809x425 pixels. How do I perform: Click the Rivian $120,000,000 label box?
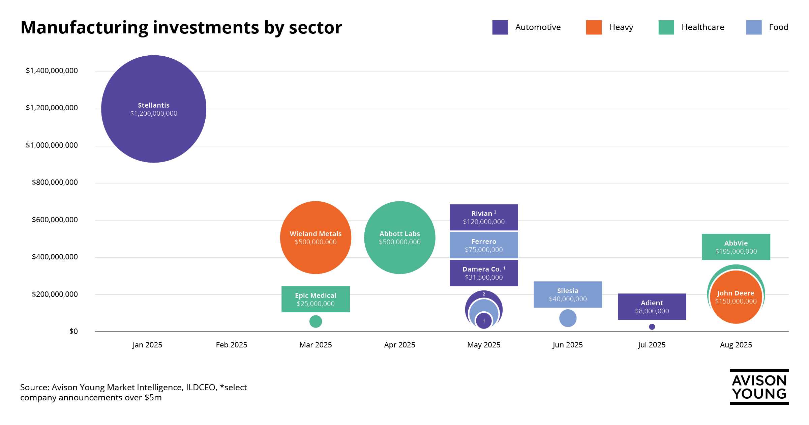pos(484,218)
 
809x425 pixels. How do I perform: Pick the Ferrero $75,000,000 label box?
pos(484,246)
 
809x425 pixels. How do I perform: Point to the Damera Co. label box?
pos(484,273)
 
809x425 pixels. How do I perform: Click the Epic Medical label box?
pos(316,299)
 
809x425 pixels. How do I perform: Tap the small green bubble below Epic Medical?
pos(316,321)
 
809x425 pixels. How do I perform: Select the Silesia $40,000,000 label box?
pos(568,294)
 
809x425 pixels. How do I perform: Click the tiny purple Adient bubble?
pos(652,327)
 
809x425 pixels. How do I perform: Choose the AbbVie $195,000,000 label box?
pos(736,247)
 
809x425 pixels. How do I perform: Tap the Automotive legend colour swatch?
pos(500,27)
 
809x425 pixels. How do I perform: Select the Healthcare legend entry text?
pos(702,27)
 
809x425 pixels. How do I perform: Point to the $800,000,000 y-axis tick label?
pos(55,182)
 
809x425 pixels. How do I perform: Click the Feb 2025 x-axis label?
pos(231,345)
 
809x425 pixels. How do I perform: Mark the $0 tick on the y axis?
pos(73,331)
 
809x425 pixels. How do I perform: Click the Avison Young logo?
pos(759,387)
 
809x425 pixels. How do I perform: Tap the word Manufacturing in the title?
pos(84,28)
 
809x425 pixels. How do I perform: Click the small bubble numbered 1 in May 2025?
pos(484,321)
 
